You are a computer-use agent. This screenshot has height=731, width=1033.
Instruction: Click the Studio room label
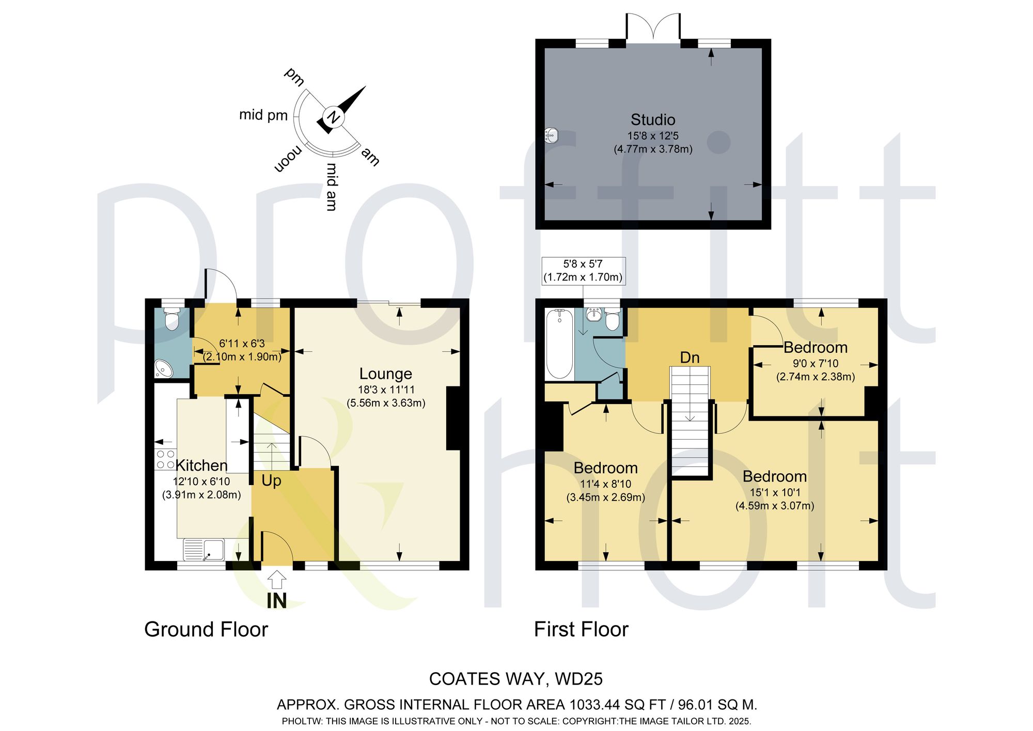pos(653,120)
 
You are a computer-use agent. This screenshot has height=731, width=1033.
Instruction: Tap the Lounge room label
pos(386,374)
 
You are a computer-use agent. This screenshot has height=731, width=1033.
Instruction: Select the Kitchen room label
pos(201,465)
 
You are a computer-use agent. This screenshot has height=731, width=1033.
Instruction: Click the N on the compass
pos(334,117)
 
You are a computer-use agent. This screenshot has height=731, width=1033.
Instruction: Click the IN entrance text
pos(277,601)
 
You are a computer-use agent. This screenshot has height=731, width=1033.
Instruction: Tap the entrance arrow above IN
pos(277,580)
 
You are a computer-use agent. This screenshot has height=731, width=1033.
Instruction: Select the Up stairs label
pos(271,481)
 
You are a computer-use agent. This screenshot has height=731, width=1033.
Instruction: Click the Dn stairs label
pos(690,357)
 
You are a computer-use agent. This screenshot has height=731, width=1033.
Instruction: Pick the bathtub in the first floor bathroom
pos(559,344)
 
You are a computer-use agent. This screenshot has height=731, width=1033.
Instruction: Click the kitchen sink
pos(204,550)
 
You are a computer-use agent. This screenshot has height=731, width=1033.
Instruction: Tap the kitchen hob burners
pos(165,460)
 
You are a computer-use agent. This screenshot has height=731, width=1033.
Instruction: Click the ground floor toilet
pos(171,319)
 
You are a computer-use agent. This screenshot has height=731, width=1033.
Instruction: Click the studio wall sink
pos(551,136)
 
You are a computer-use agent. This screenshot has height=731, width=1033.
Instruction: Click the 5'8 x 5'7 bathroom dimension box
pos(583,271)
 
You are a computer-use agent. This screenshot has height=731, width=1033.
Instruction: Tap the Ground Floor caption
pos(206,630)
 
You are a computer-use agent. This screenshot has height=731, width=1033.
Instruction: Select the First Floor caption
pos(581,630)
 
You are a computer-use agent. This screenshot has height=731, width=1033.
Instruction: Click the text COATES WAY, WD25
pos(516,679)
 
